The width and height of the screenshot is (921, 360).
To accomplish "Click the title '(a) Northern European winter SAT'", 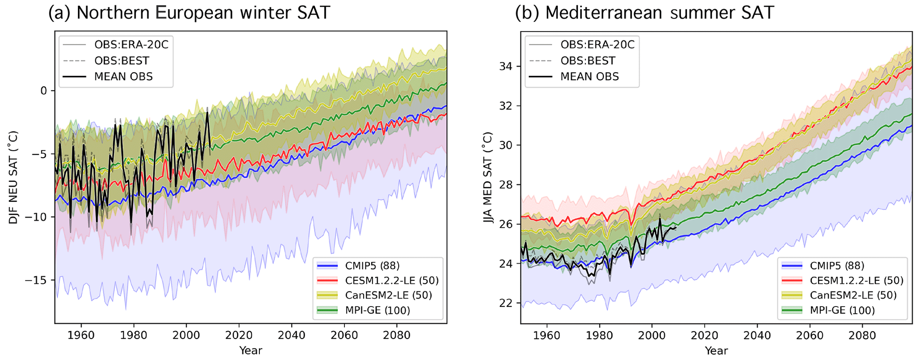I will [189, 13].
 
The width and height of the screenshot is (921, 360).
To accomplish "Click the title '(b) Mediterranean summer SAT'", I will [644, 13].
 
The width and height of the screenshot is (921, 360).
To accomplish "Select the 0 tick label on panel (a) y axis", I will [44, 91].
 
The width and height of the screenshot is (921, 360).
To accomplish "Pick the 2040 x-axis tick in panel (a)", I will [291, 335].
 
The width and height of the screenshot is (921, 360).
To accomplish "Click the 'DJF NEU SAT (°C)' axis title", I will [13, 177].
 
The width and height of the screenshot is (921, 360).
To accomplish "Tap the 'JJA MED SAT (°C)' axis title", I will [488, 177].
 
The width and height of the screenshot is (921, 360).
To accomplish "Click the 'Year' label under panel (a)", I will [250, 351].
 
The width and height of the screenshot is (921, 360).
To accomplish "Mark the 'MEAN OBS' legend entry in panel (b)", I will [589, 77].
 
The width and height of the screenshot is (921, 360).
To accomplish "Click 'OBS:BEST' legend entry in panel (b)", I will [588, 61].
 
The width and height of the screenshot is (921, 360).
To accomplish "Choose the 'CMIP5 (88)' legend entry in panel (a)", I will [372, 266].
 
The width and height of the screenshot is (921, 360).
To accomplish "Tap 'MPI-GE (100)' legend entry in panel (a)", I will [377, 310].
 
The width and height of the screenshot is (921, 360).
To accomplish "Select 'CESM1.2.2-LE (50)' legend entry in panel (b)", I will [856, 281].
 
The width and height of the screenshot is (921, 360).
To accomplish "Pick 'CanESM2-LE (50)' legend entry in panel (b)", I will [853, 295].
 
